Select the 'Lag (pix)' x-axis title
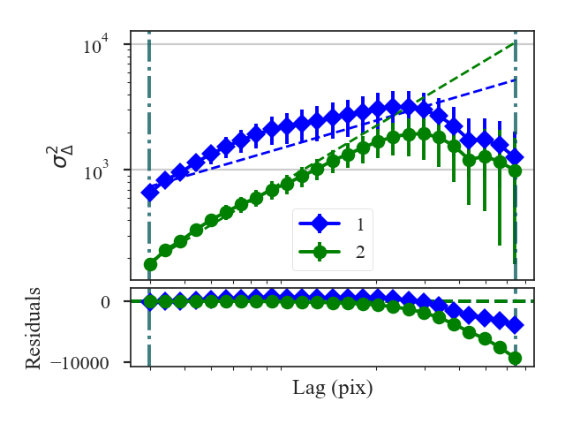333,388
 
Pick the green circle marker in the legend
320,252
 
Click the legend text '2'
360,252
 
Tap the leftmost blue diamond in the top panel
150,193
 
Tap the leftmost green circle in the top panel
150,264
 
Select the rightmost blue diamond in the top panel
515,156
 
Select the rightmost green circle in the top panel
515,170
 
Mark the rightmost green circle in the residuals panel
515,358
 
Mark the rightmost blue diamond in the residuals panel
515,325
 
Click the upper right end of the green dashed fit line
515,42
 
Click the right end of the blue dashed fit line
515,79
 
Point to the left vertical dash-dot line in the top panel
149,106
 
